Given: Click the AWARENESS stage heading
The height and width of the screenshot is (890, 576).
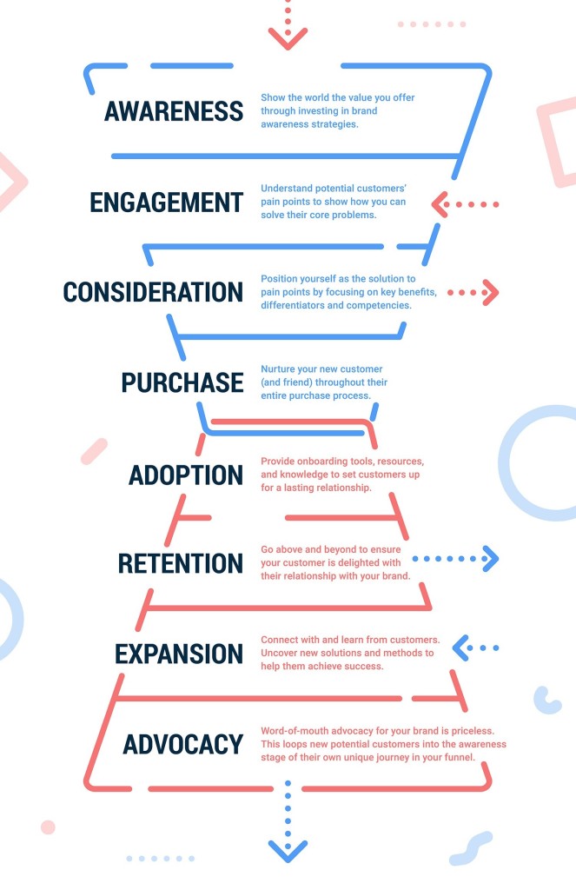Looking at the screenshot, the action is pyautogui.click(x=174, y=111).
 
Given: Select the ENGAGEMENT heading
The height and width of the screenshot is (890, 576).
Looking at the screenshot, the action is pyautogui.click(x=166, y=203).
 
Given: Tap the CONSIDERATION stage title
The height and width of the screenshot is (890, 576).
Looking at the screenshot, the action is pyautogui.click(x=153, y=292).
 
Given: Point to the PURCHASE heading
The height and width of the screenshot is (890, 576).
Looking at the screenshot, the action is pyautogui.click(x=182, y=382).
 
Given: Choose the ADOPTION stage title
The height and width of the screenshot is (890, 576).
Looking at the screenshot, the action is pyautogui.click(x=186, y=475).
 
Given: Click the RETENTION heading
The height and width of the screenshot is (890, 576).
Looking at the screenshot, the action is pyautogui.click(x=181, y=563).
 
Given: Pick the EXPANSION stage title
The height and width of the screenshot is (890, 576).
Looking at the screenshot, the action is pyautogui.click(x=179, y=654).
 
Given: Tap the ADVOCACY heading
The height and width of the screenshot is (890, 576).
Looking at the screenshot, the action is pyautogui.click(x=183, y=745).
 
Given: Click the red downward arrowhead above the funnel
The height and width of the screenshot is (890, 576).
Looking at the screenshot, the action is pyautogui.click(x=288, y=39).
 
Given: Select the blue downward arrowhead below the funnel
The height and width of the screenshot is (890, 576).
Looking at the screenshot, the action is pyautogui.click(x=288, y=852).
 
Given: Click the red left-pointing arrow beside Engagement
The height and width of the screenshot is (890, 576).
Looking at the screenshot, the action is pyautogui.click(x=465, y=204).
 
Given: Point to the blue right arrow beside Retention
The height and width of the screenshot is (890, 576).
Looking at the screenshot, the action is pyautogui.click(x=456, y=559).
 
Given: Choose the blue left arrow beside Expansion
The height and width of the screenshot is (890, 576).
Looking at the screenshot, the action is pyautogui.click(x=475, y=648).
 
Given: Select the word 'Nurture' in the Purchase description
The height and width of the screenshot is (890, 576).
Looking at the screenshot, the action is pyautogui.click(x=278, y=369).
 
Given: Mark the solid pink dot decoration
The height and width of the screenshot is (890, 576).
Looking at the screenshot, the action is pyautogui.click(x=49, y=827).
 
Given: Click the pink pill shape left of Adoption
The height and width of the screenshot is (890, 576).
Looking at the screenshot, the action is pyautogui.click(x=94, y=451).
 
